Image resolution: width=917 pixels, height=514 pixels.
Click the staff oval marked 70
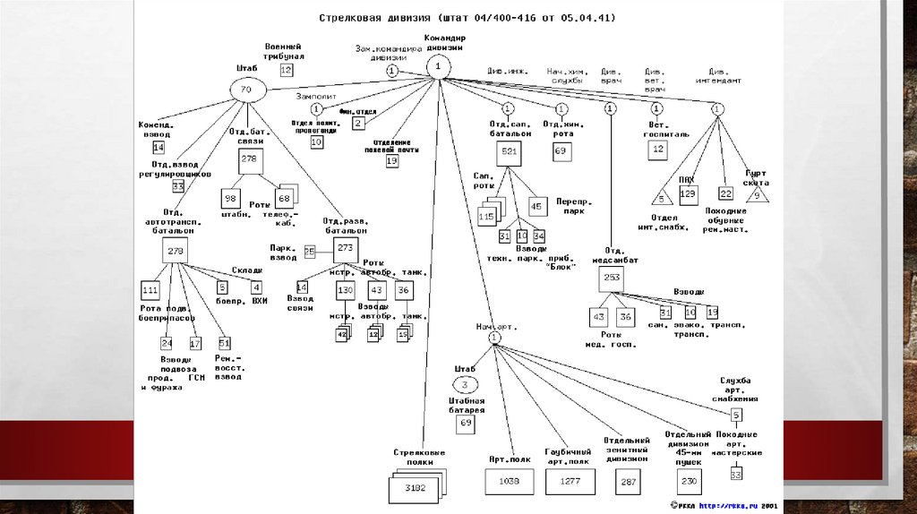click(247, 90)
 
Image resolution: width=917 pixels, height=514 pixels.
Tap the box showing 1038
click(509, 482)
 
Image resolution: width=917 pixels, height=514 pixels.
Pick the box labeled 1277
click(569, 482)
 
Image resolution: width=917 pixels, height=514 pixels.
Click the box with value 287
click(628, 482)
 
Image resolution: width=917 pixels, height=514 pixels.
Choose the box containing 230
click(688, 482)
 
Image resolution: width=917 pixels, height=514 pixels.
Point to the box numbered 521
click(510, 151)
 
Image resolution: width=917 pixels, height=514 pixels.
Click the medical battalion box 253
click(612, 278)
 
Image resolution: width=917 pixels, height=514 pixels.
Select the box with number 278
click(249, 159)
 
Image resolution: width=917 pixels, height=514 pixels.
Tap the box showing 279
click(175, 252)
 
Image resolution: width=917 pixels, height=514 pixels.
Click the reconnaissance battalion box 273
click(346, 247)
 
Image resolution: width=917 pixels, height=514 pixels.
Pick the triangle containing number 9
click(758, 194)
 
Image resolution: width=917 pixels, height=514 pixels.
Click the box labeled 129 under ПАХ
click(688, 193)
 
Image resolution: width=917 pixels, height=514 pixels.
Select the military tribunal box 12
click(286, 69)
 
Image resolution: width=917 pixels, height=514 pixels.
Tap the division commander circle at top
click(438, 66)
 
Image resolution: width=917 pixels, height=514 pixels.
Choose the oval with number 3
click(466, 384)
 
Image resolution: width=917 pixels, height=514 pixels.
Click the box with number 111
click(150, 289)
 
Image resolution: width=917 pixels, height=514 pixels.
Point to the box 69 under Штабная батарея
click(466, 422)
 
